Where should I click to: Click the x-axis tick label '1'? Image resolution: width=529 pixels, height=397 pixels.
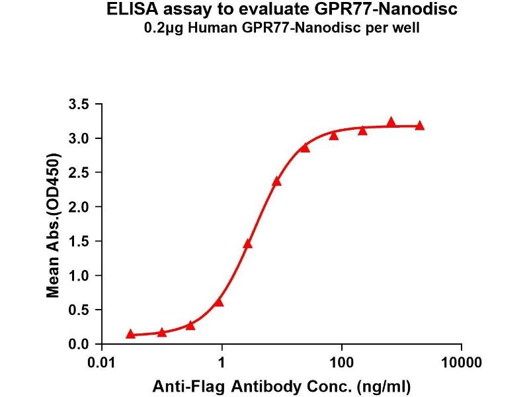tap(222, 363)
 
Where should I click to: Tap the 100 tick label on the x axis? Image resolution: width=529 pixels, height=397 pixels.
tap(342, 363)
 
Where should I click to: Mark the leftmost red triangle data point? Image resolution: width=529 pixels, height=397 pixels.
tap(130, 334)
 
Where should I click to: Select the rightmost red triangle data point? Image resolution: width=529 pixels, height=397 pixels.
tap(419, 125)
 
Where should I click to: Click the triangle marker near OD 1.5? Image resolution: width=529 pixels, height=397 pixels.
tap(248, 243)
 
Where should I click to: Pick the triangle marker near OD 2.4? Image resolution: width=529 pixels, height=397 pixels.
tap(276, 181)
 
